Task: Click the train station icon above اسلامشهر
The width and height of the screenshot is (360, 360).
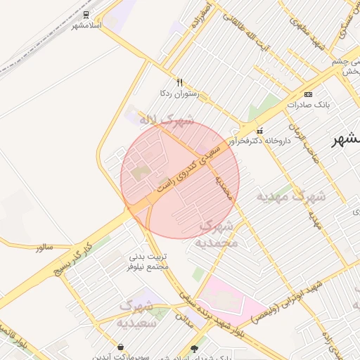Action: pos(86,15)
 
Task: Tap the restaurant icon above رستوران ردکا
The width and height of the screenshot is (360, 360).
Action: pos(179,82)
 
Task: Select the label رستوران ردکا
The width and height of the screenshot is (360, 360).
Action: pos(180,93)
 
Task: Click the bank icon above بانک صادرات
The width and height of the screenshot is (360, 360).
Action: pos(308,94)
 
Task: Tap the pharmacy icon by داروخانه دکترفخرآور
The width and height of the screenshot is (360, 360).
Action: pos(260,130)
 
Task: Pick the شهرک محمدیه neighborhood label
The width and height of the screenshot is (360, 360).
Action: pos(219,235)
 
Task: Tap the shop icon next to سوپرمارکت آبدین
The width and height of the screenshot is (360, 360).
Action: pos(121,347)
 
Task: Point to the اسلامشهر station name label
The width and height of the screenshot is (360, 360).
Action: pos(87,26)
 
